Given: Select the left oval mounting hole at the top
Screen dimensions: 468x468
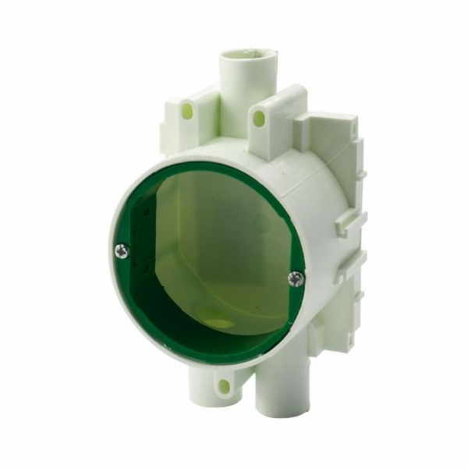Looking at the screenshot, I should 187,112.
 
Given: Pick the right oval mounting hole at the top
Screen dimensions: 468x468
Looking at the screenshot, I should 260,119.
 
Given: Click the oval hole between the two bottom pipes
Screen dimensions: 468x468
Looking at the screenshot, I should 224,385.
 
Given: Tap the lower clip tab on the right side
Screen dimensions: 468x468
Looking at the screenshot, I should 346,265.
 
